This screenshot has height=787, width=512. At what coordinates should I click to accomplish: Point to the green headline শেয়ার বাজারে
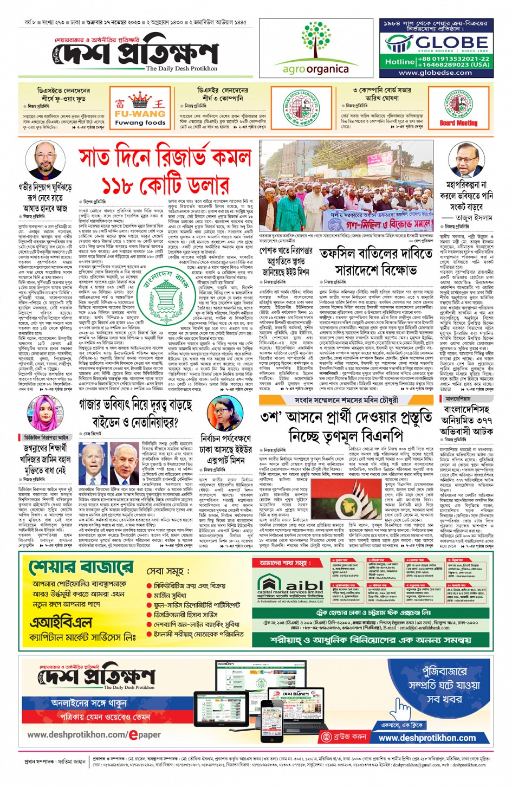point(81,567)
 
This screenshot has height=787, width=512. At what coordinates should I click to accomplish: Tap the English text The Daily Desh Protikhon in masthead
point(182,69)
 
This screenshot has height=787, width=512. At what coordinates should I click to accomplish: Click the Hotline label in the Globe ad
point(400,61)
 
